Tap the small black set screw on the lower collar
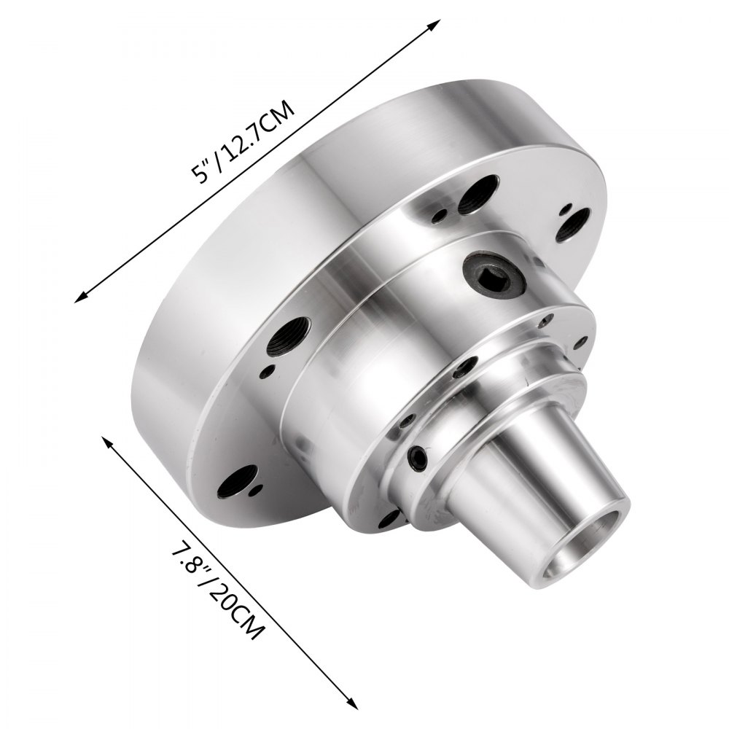point(417,457)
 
